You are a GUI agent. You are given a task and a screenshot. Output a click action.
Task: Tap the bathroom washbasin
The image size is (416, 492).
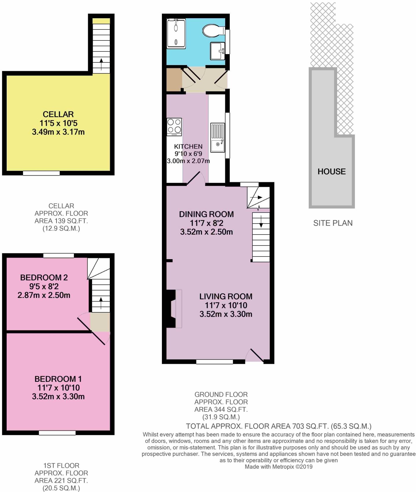(217, 51)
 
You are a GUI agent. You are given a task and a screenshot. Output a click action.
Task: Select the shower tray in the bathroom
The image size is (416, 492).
(176, 34)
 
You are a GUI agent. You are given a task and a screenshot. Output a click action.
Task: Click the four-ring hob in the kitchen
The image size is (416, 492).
(174, 127)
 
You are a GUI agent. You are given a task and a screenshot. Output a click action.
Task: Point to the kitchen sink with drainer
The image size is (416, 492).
(218, 137)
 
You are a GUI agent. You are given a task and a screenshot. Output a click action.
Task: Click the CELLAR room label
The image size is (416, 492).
(58, 114)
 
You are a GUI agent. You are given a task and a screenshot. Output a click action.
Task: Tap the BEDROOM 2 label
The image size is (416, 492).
(44, 278)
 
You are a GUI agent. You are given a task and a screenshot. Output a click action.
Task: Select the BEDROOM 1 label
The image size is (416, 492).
(58, 379)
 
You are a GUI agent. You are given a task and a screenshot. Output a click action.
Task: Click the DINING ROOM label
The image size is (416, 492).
(206, 214)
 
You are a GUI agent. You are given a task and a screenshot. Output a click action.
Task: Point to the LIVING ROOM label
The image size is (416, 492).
(226, 296)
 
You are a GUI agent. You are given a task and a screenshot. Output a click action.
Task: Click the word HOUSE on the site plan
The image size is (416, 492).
(331, 172)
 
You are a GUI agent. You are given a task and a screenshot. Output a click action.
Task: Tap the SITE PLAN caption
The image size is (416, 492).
(333, 223)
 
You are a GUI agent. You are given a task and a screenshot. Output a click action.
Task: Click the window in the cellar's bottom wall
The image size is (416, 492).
(41, 173)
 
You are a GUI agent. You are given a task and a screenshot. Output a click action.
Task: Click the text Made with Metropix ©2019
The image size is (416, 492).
(278, 467)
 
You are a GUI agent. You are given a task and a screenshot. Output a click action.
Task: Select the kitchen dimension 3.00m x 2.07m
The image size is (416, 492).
(188, 161)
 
